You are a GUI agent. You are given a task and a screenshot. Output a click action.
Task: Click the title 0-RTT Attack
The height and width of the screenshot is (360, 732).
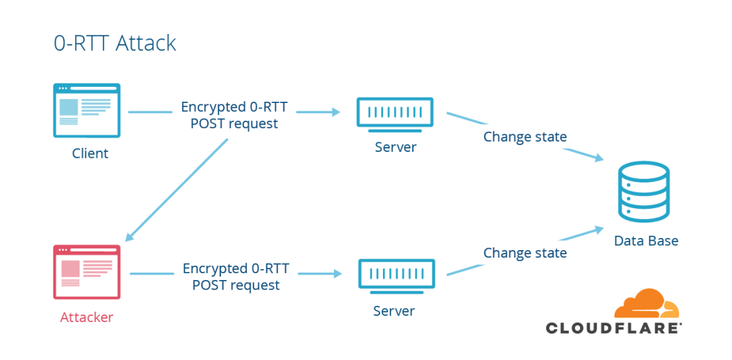115,43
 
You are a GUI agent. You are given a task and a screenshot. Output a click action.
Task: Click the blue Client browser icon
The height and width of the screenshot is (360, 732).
87,110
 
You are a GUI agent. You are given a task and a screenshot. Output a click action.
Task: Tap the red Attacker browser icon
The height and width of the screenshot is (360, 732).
87,271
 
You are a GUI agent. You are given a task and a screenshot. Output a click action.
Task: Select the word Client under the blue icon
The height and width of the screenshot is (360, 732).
90,153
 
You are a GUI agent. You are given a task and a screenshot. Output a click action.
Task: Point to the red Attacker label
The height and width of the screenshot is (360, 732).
87,317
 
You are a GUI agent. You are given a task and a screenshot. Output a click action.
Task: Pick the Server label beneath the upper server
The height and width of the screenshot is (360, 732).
395,146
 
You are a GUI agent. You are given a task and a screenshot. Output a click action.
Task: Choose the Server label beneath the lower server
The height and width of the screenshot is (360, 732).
394,311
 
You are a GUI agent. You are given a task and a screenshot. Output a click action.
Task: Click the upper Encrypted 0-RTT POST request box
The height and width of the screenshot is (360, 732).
235,115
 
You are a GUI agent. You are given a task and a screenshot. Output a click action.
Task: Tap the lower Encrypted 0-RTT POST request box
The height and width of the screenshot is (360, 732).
236,277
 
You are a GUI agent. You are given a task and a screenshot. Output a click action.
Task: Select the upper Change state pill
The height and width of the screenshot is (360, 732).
525,137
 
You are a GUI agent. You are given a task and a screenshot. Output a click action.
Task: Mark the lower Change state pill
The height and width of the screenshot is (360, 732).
525,253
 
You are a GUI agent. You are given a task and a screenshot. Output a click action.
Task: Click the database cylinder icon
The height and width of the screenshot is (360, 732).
644,191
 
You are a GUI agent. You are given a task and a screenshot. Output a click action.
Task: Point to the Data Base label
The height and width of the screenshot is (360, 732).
645,241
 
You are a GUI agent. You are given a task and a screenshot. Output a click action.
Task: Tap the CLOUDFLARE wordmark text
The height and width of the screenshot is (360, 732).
613,328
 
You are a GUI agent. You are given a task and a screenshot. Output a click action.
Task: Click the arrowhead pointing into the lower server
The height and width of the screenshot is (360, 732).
338,274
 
